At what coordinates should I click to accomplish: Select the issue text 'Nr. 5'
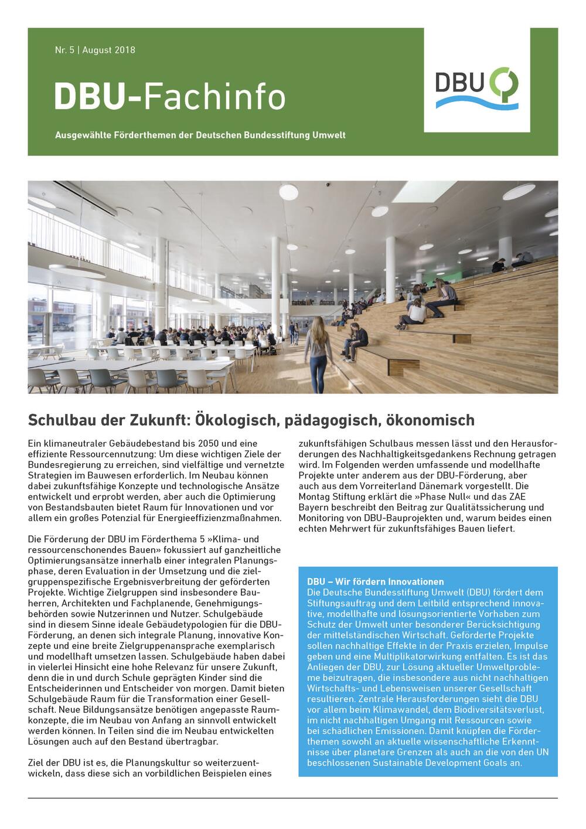(64, 50)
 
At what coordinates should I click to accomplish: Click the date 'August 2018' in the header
(109, 50)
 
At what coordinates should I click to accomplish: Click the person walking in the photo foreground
(317, 352)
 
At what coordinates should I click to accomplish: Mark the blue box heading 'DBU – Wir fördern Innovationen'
(376, 582)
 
